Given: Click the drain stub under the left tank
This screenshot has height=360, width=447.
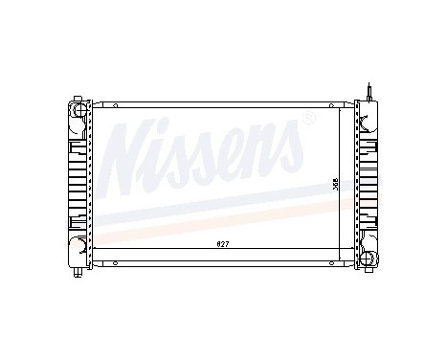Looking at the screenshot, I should pos(77,271).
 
